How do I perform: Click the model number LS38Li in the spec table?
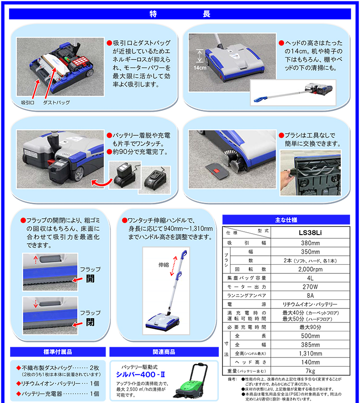tap(310, 233)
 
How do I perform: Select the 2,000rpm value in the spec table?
tap(310, 269)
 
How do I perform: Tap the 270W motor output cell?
tap(310, 287)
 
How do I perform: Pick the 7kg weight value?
tap(310, 371)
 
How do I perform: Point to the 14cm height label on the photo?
tap(200, 68)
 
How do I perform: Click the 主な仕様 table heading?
tap(286, 220)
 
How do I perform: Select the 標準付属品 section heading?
tap(58, 352)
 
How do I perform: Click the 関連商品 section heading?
tap(164, 352)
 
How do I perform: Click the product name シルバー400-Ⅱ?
tap(140, 375)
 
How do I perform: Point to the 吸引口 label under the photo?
tap(27, 103)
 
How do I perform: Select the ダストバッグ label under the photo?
tap(56, 103)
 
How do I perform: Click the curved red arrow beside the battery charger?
tap(102, 183)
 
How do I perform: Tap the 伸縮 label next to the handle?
tap(164, 265)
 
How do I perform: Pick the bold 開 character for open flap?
tap(90, 279)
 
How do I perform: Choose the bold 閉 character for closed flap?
tap(90, 322)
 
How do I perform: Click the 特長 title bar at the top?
tap(180, 14)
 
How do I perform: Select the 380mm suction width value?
tap(310, 243)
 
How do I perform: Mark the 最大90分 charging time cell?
tap(310, 327)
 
